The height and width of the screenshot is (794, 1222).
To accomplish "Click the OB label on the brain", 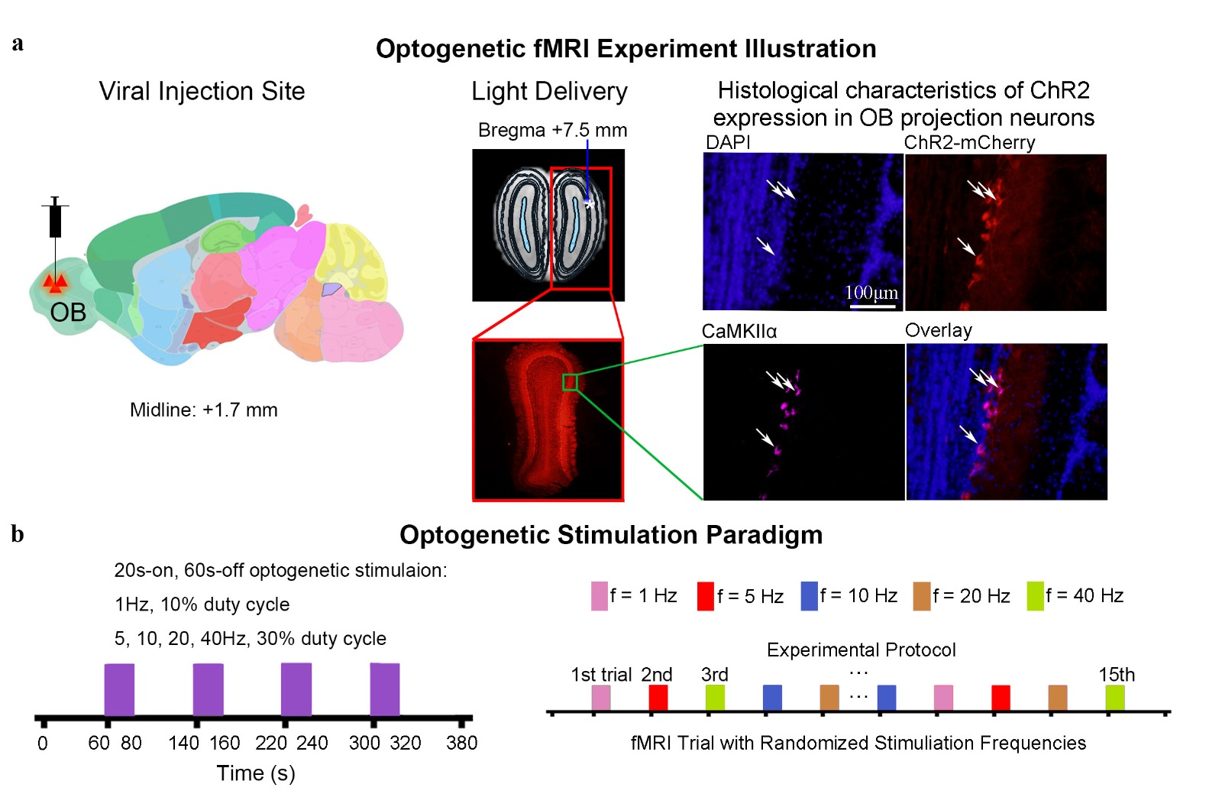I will click(x=68, y=312).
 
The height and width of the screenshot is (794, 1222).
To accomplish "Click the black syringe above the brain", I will click(x=55, y=219).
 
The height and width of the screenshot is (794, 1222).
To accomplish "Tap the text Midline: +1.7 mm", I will click(x=203, y=410).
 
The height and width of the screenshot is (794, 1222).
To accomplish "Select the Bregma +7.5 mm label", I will click(x=552, y=130).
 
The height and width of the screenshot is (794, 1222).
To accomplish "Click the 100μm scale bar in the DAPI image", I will click(x=872, y=305).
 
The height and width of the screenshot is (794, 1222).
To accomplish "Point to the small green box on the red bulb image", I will click(x=570, y=382).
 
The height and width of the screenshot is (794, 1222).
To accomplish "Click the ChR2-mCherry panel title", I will click(x=969, y=143).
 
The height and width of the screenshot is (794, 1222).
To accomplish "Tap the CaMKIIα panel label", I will click(x=739, y=331).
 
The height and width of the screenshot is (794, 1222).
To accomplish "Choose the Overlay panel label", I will click(x=938, y=330).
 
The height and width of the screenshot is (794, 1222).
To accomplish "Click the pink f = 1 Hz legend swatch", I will click(x=599, y=596).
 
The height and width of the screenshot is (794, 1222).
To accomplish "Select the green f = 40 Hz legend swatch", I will click(x=1035, y=596).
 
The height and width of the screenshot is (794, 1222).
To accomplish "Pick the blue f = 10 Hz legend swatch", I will click(x=809, y=596).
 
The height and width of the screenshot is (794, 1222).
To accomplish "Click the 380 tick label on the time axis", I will click(x=461, y=743).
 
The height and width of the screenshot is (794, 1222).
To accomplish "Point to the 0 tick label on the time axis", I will click(x=43, y=743).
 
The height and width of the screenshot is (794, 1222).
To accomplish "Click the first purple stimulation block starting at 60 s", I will click(x=119, y=689).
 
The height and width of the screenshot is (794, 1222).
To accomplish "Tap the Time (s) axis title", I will click(x=256, y=773).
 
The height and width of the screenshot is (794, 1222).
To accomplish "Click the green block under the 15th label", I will click(x=1115, y=698).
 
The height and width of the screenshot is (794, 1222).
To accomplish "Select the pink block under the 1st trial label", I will click(x=601, y=698).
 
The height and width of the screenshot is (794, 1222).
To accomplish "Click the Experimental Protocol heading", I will click(x=861, y=650).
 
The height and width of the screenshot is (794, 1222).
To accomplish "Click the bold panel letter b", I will click(x=18, y=533).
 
